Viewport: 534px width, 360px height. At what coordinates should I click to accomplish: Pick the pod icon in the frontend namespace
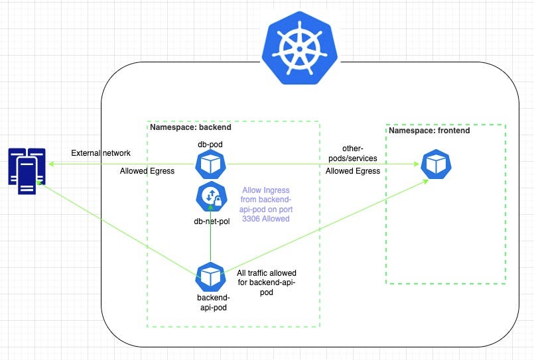coord(436,164)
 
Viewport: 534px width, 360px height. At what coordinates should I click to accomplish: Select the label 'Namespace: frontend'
coord(429,131)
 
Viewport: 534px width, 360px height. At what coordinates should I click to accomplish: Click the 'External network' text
coord(101,153)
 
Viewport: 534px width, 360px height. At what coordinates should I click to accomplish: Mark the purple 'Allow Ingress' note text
coord(267,204)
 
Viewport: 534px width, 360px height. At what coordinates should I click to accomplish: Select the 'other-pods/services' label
coord(352,153)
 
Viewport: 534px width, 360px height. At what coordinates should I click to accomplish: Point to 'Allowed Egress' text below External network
coord(147,171)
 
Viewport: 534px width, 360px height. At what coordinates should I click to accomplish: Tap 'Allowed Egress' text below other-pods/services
coord(352,171)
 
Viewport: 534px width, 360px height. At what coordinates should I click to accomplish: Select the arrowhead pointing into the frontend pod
coord(421,181)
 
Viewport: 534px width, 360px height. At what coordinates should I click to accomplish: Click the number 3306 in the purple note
coord(254,218)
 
